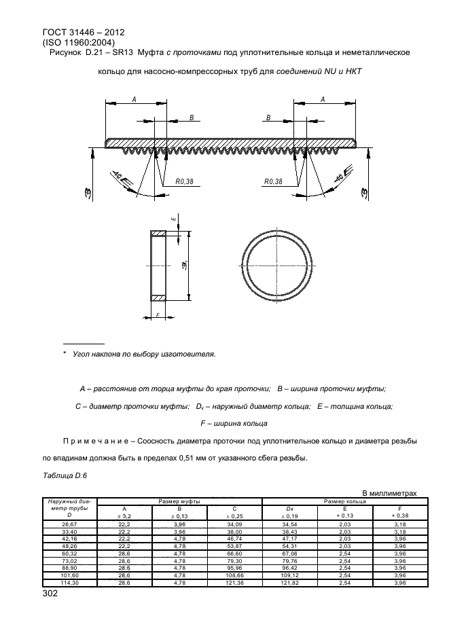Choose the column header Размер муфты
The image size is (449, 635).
179,501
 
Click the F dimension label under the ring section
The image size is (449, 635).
158,315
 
